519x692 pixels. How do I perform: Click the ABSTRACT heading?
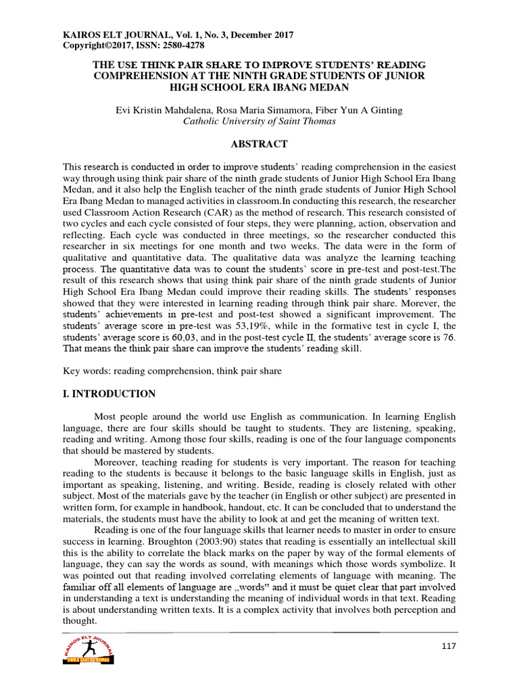pos(259,144)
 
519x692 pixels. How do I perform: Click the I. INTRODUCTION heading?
pos(109,394)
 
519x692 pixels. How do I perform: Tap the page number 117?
pos(448,646)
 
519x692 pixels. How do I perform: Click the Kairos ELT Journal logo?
pos(87,651)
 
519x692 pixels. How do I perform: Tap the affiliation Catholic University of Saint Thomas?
pos(259,122)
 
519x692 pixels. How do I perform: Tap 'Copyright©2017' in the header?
pos(93,45)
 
